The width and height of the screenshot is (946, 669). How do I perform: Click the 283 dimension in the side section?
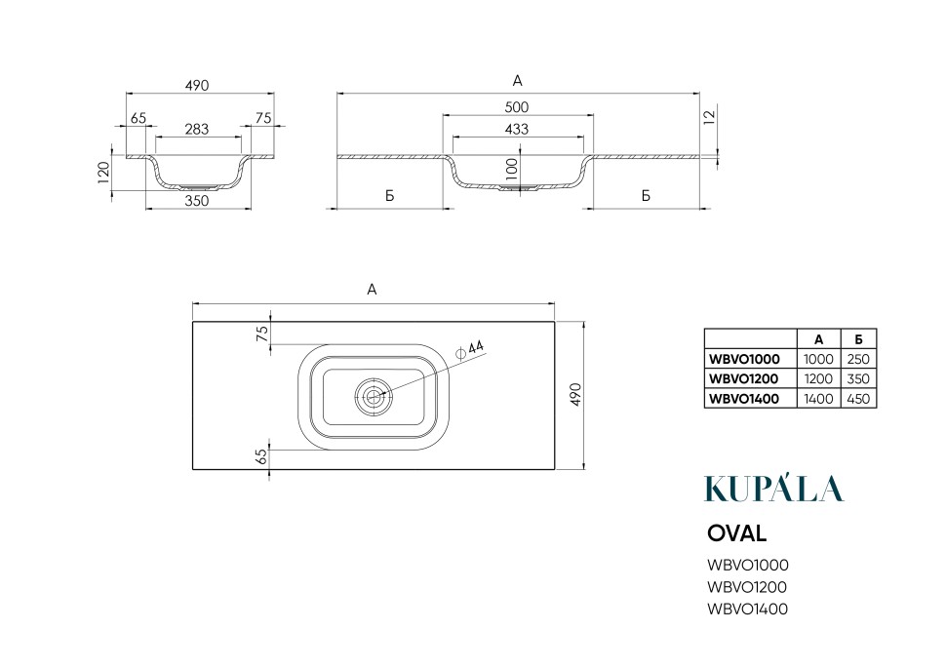197,129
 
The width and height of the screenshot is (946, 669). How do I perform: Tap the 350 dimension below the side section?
197,201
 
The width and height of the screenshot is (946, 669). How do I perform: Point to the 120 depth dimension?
103,173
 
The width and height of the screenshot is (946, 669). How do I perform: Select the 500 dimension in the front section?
517,107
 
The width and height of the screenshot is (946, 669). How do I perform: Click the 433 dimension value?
517,129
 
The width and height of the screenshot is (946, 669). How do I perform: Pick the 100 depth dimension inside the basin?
513,169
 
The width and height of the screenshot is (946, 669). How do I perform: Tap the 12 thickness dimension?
710,115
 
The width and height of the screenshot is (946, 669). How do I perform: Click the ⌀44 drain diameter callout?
471,349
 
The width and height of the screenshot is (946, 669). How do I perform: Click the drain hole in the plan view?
374,396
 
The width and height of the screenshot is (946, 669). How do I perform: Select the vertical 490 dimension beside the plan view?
575,395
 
